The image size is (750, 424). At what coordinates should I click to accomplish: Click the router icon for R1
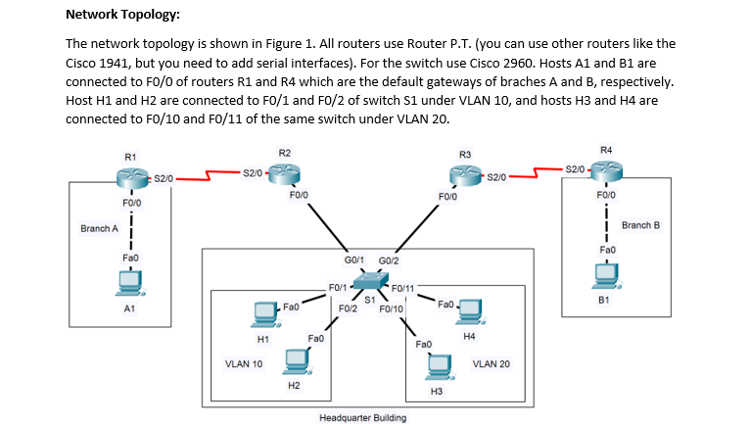click(x=131, y=177)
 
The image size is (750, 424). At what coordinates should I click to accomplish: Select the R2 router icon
click(x=284, y=173)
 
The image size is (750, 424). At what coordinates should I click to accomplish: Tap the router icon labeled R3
click(x=465, y=175)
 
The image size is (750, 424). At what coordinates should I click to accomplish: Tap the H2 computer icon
click(x=294, y=361)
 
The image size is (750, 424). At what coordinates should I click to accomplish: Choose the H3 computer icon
click(x=437, y=366)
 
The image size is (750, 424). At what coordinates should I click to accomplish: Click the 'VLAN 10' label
click(x=243, y=364)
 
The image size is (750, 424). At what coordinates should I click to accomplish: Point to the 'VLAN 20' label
click(x=491, y=364)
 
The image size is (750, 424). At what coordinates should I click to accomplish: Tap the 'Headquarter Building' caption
click(x=362, y=417)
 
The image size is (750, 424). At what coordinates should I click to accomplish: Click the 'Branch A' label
click(x=99, y=229)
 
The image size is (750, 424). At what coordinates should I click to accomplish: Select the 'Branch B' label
click(x=640, y=225)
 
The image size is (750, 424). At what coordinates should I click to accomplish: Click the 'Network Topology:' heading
click(x=122, y=15)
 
